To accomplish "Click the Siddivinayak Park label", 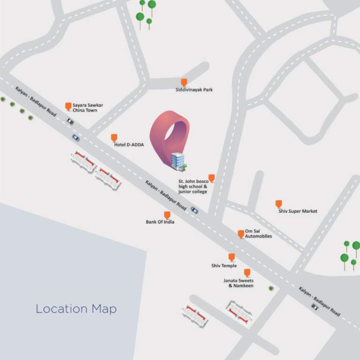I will pyautogui.click(x=194, y=90).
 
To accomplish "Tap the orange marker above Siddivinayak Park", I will pyautogui.click(x=184, y=82).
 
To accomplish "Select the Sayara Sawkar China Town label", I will pyautogui.click(x=88, y=108).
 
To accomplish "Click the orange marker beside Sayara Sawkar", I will pyautogui.click(x=68, y=106).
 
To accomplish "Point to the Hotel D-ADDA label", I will pyautogui.click(x=129, y=145).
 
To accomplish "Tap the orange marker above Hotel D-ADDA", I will pyautogui.click(x=114, y=137).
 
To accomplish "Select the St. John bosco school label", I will pyautogui.click(x=193, y=186).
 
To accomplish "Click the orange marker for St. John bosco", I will pyautogui.click(x=211, y=178).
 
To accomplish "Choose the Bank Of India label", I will pyautogui.click(x=160, y=222).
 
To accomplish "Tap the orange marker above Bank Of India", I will pyautogui.click(x=167, y=215).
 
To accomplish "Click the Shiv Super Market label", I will pyautogui.click(x=298, y=211).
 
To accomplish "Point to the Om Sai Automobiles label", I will pyautogui.click(x=258, y=233).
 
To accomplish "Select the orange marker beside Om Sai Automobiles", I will pyautogui.click(x=241, y=233).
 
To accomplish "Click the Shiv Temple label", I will pyautogui.click(x=224, y=266).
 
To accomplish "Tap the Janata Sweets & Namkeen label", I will pyautogui.click(x=238, y=283).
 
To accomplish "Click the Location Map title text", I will pyautogui.click(x=76, y=309).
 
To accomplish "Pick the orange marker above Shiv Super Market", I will pyautogui.click(x=278, y=203).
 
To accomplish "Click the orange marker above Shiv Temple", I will pyautogui.click(x=232, y=257).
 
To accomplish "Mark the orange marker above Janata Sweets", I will pyautogui.click(x=247, y=272).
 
